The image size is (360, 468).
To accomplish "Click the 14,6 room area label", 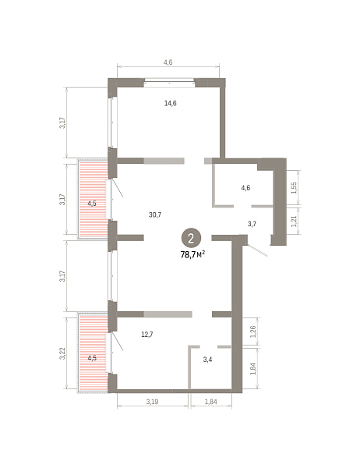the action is pyautogui.click(x=171, y=104).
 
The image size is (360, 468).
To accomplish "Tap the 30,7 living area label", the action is pyautogui.click(x=155, y=214).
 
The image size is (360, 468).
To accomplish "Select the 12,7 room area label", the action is pyautogui.click(x=147, y=335).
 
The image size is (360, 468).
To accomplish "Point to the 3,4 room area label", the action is pyautogui.click(x=207, y=360).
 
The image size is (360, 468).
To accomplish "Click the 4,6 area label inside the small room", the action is pyautogui.click(x=245, y=188).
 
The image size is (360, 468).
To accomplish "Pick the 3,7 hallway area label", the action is pyautogui.click(x=252, y=224).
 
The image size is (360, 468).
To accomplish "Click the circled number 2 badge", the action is pyautogui.click(x=191, y=238).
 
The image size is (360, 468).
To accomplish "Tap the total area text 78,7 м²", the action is pyautogui.click(x=192, y=254).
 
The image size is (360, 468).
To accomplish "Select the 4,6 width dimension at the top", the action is pyautogui.click(x=168, y=62).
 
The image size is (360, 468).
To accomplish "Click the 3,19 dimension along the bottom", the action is pyautogui.click(x=152, y=402).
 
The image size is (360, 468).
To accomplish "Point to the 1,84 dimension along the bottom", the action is pyautogui.click(x=211, y=402).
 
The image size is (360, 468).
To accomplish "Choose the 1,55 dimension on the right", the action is pyautogui.click(x=294, y=188).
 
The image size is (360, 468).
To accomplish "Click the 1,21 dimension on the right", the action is pyautogui.click(x=294, y=222).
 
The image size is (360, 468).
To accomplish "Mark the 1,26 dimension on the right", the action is pyautogui.click(x=253, y=331).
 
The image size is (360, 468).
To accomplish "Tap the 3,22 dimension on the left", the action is pyautogui.click(x=62, y=353).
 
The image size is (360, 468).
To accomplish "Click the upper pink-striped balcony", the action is pyautogui.click(x=93, y=199).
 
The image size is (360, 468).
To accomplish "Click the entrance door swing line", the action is pyautogui.click(x=257, y=250).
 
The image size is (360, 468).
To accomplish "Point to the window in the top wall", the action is pyautogui.click(x=169, y=83).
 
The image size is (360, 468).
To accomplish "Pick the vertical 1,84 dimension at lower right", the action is pyautogui.click(x=253, y=369).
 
